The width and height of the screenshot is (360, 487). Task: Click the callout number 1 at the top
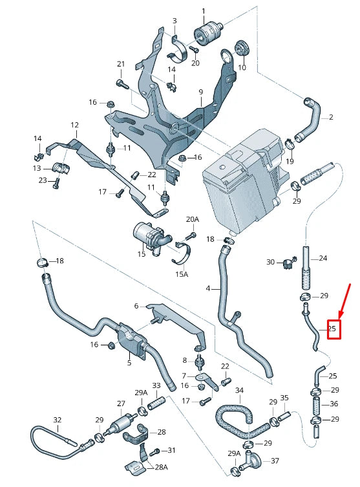204,11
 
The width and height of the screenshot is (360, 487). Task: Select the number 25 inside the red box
333,329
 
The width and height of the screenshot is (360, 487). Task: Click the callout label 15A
182,274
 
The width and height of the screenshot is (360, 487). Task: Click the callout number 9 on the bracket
200,92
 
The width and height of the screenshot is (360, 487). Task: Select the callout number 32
57,420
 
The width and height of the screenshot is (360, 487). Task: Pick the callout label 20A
193,220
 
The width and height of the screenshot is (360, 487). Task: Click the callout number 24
323,258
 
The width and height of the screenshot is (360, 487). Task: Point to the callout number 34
239,391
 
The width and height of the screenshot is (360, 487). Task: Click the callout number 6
136,306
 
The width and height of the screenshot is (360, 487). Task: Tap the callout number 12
74,125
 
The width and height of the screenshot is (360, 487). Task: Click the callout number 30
270,262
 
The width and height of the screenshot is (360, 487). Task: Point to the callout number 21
120,63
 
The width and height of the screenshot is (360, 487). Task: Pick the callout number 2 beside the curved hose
331,117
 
